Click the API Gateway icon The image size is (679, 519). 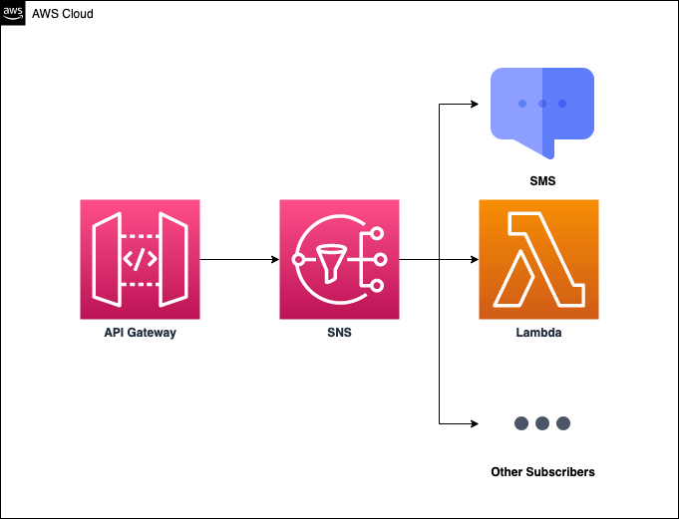pos(140,259)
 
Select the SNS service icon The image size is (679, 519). pos(339,259)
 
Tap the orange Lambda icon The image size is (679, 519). pos(538,259)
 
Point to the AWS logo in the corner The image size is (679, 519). pos(14,14)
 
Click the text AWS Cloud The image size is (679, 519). pos(63,14)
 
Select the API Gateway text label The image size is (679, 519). pos(140,333)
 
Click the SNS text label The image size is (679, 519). pos(339,333)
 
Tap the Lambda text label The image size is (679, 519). pos(538,333)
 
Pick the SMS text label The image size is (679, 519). pos(542,182)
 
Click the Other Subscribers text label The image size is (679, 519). pos(542,471)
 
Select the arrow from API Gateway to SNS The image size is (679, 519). pos(239,259)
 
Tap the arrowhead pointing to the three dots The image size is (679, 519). pos(474,422)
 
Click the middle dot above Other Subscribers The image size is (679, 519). pos(542,422)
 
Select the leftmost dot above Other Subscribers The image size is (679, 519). pos(521,422)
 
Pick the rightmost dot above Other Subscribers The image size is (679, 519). pos(563,422)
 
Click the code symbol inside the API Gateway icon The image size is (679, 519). pos(140,260)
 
